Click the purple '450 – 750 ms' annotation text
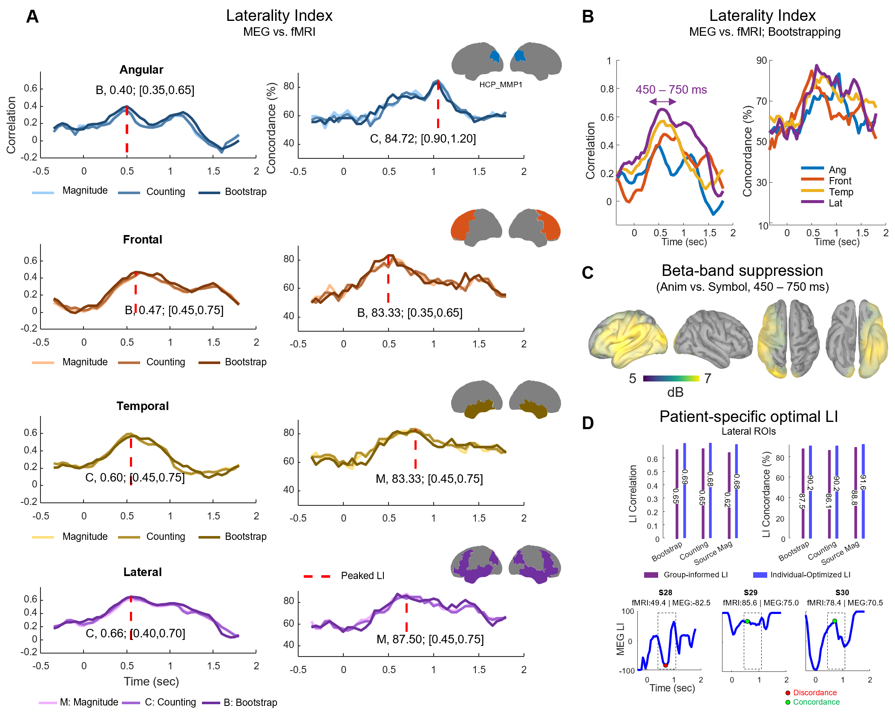[x=671, y=90]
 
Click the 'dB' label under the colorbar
[x=675, y=392]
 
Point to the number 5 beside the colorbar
[x=633, y=378]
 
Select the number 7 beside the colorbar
[x=708, y=378]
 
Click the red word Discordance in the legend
[x=814, y=693]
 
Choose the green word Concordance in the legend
[x=816, y=702]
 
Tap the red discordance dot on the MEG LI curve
[x=665, y=665]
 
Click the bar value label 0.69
[x=685, y=477]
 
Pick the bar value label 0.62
[x=728, y=500]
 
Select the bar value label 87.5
[x=802, y=501]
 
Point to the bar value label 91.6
[x=863, y=482]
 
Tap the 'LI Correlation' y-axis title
[x=633, y=494]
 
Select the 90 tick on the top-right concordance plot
[x=761, y=60]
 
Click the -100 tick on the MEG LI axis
[x=627, y=671]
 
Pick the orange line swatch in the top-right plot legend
[x=812, y=179]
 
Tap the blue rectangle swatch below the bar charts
[x=760, y=575]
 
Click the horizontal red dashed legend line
[x=317, y=576]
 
